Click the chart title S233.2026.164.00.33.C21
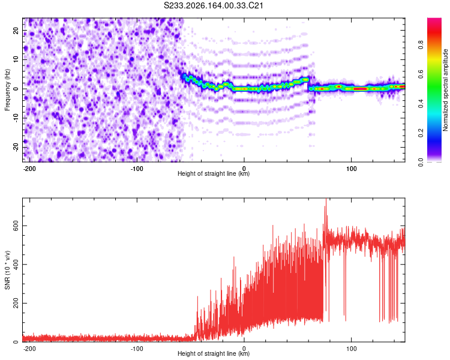[x=214, y=5]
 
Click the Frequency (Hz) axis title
[x=7, y=90]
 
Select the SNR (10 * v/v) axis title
[x=7, y=270]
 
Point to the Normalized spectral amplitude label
[x=445, y=90]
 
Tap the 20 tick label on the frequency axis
[x=16, y=31]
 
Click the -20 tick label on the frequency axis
[x=16, y=147]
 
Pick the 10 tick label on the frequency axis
[x=16, y=59]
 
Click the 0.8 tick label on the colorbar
[x=421, y=45]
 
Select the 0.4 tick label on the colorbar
[x=421, y=104]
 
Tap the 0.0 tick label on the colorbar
[x=421, y=162]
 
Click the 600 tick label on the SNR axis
[x=16, y=226]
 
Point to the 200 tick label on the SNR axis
[x=16, y=303]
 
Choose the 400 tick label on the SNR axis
[x=16, y=265]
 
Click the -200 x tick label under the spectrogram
[x=29, y=169]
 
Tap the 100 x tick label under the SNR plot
[x=351, y=349]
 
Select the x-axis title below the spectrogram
[x=214, y=173]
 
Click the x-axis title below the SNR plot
[x=214, y=353]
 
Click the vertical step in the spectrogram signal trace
[x=308, y=84]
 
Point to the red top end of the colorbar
[x=434, y=20]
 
